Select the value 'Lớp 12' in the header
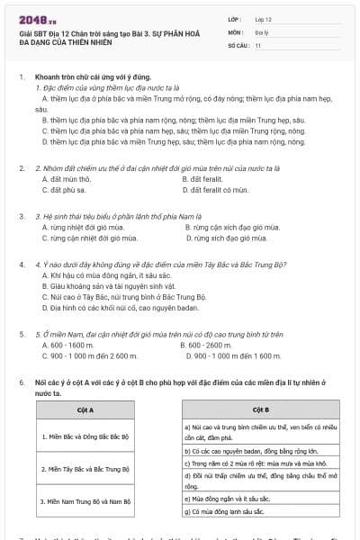pos(262,18)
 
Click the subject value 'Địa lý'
pos(261,31)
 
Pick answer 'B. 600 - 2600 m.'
pos(206,345)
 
